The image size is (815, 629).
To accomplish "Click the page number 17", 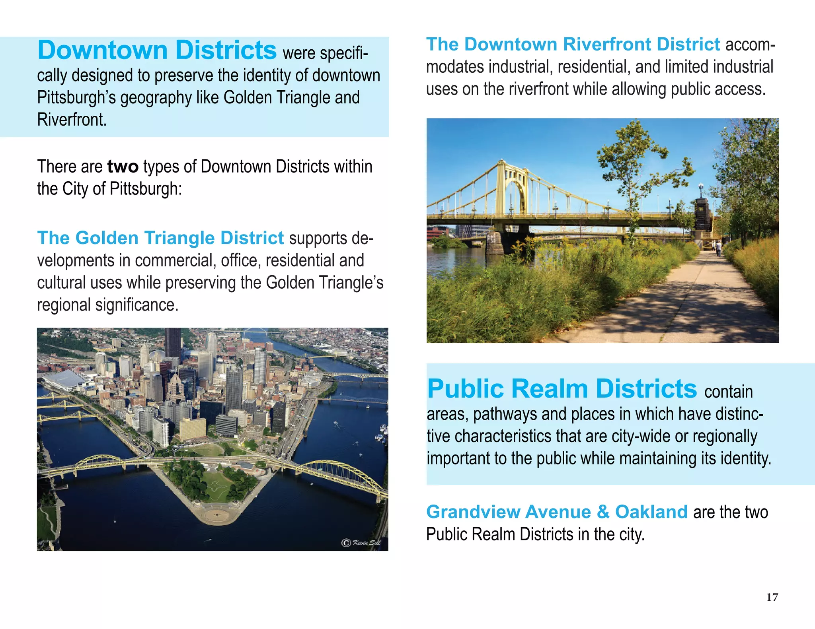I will tap(772, 597).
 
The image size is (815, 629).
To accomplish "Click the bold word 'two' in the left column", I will tap(123, 167).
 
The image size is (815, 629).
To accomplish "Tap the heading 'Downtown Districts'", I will tap(157, 50).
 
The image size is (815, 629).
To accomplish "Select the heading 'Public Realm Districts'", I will tap(562, 388).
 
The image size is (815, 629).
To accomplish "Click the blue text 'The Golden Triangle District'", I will tap(160, 238).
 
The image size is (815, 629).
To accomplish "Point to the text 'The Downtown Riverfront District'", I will tap(573, 45).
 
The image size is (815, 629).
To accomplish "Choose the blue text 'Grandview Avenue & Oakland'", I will tap(557, 512).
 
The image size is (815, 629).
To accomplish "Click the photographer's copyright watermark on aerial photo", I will tap(361, 543).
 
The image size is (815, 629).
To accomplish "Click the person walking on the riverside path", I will tap(719, 249).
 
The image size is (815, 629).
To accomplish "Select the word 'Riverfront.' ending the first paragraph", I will tap(72, 120).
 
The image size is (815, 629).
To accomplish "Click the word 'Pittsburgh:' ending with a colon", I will tap(145, 189).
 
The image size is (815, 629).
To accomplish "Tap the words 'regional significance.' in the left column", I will tap(108, 305).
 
